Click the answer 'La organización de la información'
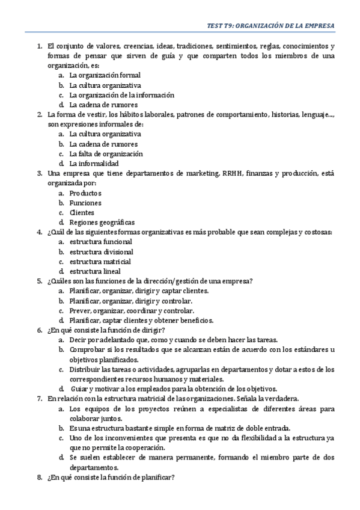click(121, 95)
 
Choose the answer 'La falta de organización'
click(106, 153)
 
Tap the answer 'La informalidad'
click(94, 164)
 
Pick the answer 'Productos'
click(85, 193)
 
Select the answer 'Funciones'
click(85, 203)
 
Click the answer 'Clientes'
click(82, 212)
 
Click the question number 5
click(39, 281)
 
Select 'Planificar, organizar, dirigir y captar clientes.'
click(139, 290)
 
